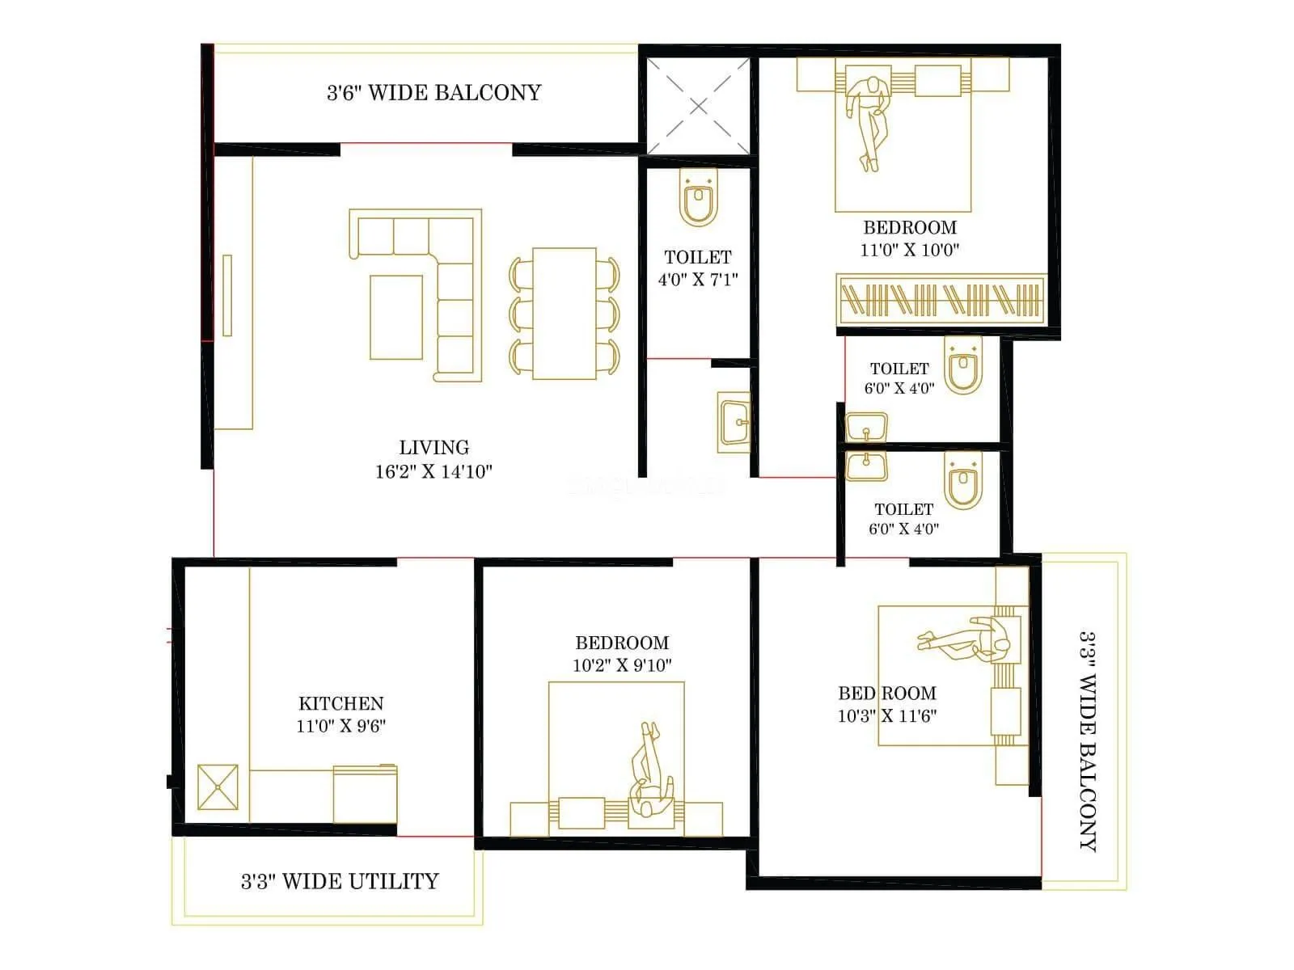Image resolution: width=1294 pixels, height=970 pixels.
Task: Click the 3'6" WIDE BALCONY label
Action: pyautogui.click(x=433, y=92)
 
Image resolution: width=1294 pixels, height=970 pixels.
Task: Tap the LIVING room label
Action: pyautogui.click(x=433, y=447)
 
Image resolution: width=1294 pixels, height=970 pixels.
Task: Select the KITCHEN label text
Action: pyautogui.click(x=340, y=703)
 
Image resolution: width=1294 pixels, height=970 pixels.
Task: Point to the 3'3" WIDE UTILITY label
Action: pyautogui.click(x=340, y=880)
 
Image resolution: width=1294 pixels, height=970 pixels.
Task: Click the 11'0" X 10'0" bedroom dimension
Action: pyautogui.click(x=909, y=250)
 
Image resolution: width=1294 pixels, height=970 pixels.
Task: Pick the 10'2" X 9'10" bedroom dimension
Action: pyautogui.click(x=622, y=665)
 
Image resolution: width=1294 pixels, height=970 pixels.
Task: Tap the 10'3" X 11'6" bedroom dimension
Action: pyautogui.click(x=886, y=715)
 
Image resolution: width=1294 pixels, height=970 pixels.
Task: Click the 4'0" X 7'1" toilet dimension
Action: pyautogui.click(x=697, y=280)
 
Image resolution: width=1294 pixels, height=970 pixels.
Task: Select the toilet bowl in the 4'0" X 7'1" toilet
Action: pyautogui.click(x=698, y=199)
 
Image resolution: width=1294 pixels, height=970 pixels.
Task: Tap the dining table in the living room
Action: pyautogui.click(x=565, y=314)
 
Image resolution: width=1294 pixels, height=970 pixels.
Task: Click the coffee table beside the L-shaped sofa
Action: pyautogui.click(x=396, y=317)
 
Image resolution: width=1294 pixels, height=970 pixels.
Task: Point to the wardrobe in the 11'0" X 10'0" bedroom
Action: pyautogui.click(x=941, y=300)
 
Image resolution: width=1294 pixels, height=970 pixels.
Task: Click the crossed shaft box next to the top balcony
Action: pyautogui.click(x=699, y=106)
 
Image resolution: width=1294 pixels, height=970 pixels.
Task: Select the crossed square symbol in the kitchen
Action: pyautogui.click(x=218, y=787)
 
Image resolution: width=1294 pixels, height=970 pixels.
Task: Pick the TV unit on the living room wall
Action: pyautogui.click(x=227, y=295)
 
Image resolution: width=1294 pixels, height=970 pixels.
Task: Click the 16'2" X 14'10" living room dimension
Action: pyautogui.click(x=433, y=471)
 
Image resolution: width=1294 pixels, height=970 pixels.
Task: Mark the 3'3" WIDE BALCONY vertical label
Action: pyautogui.click(x=1089, y=740)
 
